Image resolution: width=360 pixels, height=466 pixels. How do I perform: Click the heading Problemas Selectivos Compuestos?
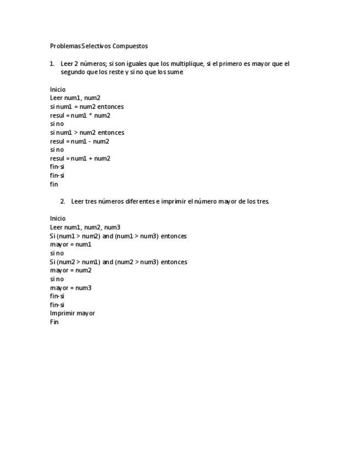(x=99, y=46)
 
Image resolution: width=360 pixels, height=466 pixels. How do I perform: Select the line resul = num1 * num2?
(x=80, y=115)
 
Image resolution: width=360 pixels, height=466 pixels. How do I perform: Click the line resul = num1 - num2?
(x=80, y=141)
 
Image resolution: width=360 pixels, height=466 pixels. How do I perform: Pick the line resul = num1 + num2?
(x=80, y=158)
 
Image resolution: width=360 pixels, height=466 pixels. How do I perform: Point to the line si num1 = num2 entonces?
(x=87, y=107)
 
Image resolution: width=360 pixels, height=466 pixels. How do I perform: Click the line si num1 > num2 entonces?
(x=87, y=132)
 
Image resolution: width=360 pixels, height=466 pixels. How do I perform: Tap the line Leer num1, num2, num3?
(x=85, y=227)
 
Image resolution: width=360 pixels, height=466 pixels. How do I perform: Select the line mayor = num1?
(x=71, y=245)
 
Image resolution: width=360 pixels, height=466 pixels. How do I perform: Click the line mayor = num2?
(x=71, y=270)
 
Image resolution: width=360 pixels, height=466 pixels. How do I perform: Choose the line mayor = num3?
(x=71, y=287)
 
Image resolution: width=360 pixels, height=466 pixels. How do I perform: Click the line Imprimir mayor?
(x=73, y=313)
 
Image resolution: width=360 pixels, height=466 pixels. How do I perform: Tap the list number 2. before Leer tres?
(x=63, y=201)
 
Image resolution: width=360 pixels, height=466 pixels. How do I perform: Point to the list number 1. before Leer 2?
(x=52, y=64)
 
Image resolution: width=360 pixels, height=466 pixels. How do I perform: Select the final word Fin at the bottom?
(x=54, y=322)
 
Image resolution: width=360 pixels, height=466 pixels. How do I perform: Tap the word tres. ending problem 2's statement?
(x=263, y=201)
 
